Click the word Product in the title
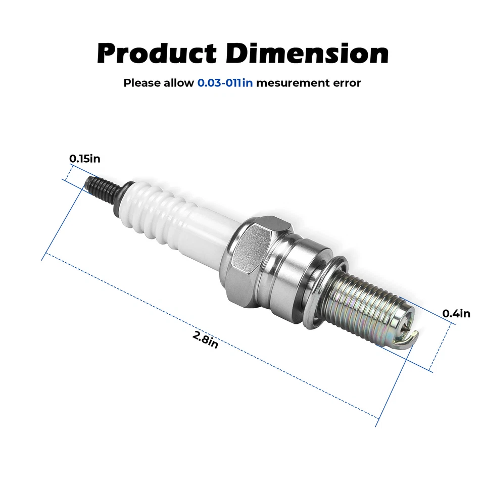point(157,54)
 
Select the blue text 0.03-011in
point(225,83)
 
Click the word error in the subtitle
point(346,83)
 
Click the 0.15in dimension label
point(85,159)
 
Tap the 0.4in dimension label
point(456,314)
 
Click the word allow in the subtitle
point(178,83)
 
